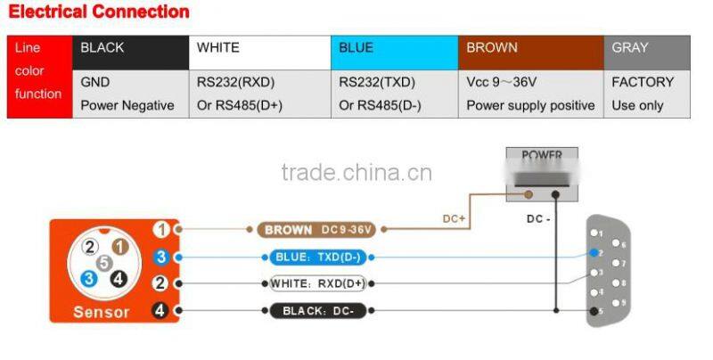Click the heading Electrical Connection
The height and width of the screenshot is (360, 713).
(99, 12)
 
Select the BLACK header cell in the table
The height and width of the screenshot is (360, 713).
(129, 48)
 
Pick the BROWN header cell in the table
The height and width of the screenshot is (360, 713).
(530, 48)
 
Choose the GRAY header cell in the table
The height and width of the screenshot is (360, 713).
(646, 48)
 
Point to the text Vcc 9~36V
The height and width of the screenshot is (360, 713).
(501, 82)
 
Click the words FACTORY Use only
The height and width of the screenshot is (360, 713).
(642, 94)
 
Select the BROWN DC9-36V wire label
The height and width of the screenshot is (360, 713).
(319, 230)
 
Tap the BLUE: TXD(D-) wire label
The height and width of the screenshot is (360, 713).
(319, 258)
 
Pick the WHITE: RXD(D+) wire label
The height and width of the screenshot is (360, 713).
(319, 284)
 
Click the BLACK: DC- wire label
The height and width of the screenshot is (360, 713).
(319, 311)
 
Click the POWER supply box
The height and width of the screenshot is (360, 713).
(542, 174)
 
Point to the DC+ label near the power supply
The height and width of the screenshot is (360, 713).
(455, 218)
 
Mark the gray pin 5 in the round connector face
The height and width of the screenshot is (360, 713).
(105, 262)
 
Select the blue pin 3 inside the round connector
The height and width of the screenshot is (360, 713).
(89, 277)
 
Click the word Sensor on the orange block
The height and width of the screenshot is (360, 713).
(101, 312)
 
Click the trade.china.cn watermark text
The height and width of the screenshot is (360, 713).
(356, 172)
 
